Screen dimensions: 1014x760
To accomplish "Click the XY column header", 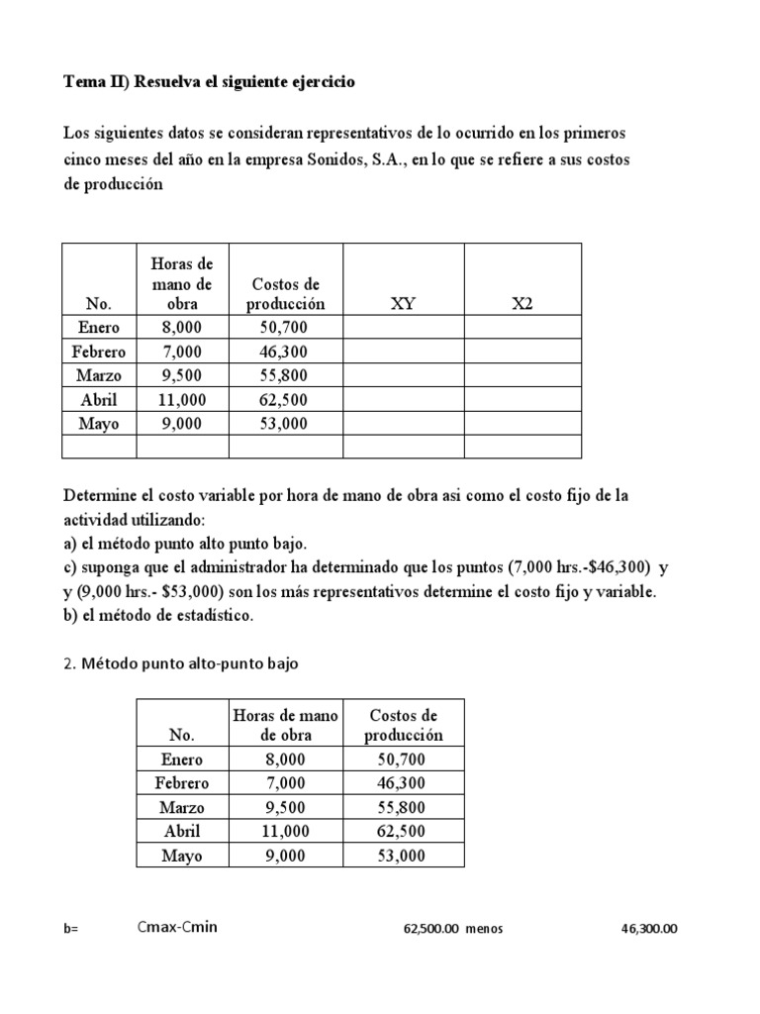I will pos(403,304).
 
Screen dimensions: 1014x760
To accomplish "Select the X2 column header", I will pos(522,304).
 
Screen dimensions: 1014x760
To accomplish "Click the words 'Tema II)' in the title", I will pos(95,83).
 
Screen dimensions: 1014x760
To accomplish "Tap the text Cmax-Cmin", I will pos(177,927).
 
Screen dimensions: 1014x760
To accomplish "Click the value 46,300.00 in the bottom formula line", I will pos(649,929).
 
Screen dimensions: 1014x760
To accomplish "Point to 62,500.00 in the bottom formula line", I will pos(432,929).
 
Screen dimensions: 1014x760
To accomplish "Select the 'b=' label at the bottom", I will pos(70,929).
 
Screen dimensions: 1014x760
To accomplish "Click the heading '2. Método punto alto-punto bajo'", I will pos(180,664).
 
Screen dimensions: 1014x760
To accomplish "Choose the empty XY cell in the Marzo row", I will pos(403,375).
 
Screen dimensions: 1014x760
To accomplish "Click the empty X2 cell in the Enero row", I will pos(522,328).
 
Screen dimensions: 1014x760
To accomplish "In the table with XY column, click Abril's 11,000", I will pos(182,399).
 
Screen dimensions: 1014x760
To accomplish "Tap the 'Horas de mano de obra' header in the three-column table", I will pos(285,725).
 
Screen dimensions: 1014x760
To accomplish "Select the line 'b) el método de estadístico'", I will pos(158,616).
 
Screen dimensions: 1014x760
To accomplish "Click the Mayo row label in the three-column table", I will pos(182,856).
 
